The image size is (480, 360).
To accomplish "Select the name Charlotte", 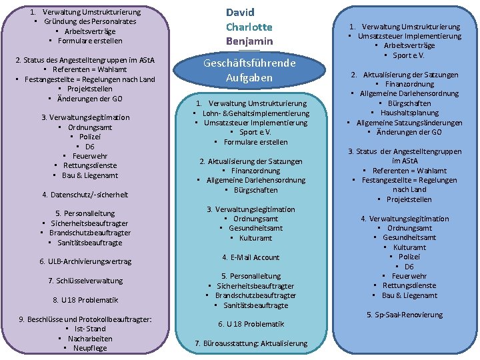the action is (249, 27).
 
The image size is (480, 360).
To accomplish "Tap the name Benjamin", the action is (249, 41).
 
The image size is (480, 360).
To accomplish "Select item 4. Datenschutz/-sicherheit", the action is (85, 195).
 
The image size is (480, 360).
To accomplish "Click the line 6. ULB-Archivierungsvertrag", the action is (85, 261).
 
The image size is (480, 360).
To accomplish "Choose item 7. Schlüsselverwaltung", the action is (85, 281).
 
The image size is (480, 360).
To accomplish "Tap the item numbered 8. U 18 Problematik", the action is (85, 300).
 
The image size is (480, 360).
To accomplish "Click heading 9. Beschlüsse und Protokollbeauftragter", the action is (85, 319).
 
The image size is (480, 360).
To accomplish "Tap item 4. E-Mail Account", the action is (251, 257).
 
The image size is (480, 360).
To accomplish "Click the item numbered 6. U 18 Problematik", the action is (251, 324).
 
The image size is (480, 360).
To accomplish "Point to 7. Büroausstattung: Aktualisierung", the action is (251, 343).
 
